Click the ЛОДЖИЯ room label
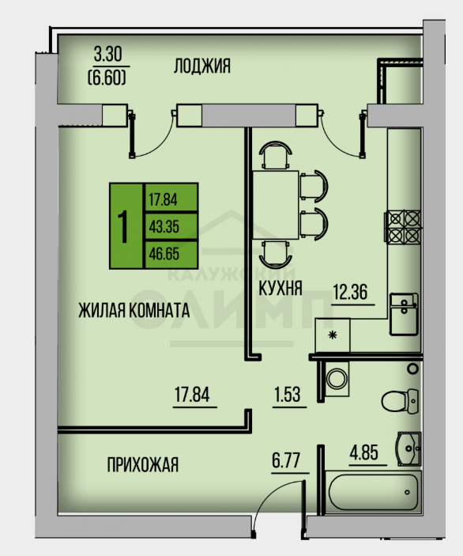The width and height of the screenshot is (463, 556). tap(202, 66)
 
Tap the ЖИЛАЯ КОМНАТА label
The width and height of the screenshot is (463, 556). tap(134, 310)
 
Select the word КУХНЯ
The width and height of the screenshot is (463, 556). tap(280, 288)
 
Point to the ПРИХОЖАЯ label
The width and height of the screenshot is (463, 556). tap(143, 465)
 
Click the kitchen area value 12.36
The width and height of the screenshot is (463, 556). tap(350, 292)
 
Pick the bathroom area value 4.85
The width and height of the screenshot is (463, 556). tap(363, 453)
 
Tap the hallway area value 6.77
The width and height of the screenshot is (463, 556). tap(286, 460)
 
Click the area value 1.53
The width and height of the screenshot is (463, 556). tap(288, 395)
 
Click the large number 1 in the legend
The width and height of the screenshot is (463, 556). tap(123, 226)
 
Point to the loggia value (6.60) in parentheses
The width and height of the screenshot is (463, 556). tap(107, 78)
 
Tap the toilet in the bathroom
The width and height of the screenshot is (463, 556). tap(400, 401)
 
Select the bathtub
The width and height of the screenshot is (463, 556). tap(374, 492)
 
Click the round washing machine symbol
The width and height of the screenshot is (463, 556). tap(337, 378)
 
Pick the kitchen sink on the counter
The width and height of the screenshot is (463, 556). tap(404, 314)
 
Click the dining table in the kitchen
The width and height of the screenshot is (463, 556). tap(276, 205)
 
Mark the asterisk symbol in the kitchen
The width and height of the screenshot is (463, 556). tap(333, 335)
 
